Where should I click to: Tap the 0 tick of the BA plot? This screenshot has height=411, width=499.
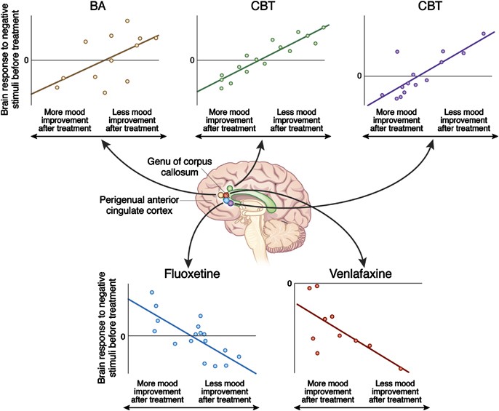(27, 60)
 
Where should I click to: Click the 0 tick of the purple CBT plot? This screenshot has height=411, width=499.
(358, 76)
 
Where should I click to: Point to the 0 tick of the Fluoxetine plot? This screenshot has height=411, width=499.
(123, 336)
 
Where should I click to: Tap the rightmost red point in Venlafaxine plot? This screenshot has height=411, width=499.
(401, 369)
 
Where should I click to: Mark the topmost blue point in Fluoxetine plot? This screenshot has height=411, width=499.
(152, 292)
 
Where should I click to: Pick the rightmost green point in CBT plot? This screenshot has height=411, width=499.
(323, 28)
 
